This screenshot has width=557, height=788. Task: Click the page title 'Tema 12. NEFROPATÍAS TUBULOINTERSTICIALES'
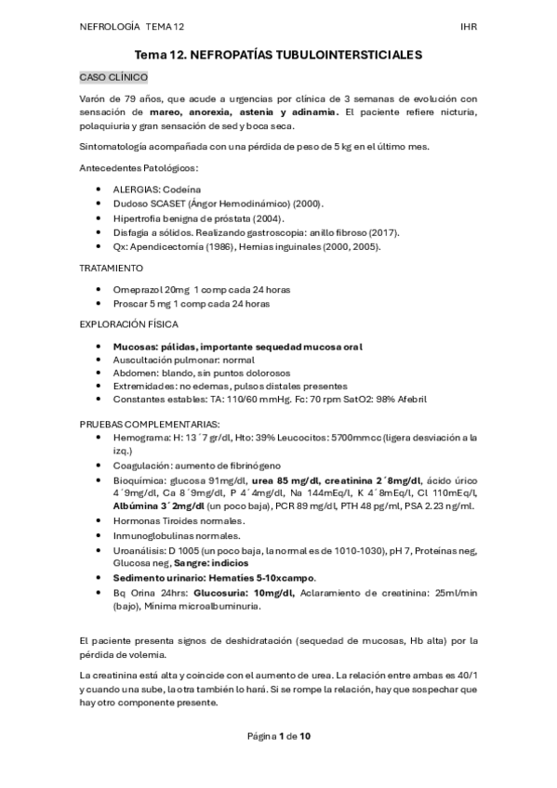click(278, 56)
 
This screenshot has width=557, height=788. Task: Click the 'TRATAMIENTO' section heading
click(113, 268)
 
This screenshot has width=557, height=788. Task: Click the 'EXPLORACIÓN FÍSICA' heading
click(129, 324)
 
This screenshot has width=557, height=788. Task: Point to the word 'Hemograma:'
click(140, 436)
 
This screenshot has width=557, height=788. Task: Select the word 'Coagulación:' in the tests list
click(144, 465)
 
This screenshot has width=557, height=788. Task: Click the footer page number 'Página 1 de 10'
click(278, 736)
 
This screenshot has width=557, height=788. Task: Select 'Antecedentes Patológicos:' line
click(139, 167)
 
